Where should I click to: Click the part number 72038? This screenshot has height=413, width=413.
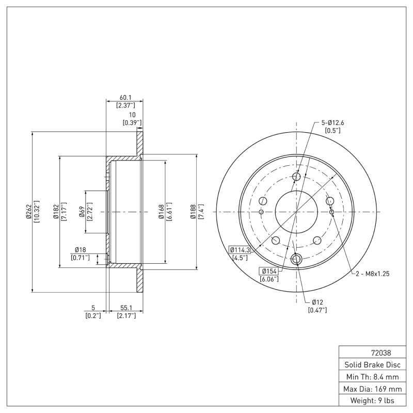pyautogui.click(x=380, y=353)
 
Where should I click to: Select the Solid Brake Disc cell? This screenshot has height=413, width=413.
pyautogui.click(x=372, y=365)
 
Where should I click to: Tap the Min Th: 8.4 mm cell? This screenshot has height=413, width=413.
pyautogui.click(x=372, y=377)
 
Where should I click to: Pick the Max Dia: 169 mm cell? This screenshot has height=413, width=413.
pyautogui.click(x=372, y=389)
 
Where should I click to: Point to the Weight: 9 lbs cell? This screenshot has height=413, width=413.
pyautogui.click(x=372, y=401)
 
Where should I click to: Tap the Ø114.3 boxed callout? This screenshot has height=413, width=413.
pyautogui.click(x=240, y=250)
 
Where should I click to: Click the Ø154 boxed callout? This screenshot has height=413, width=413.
pyautogui.click(x=270, y=271)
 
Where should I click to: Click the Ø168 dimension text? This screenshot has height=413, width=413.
pyautogui.click(x=161, y=212)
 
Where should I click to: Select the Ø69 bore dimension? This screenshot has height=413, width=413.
pyautogui.click(x=82, y=212)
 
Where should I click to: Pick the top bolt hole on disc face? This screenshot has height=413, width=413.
pyautogui.click(x=296, y=177)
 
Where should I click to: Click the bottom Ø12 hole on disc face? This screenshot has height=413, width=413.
pyautogui.click(x=296, y=259)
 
